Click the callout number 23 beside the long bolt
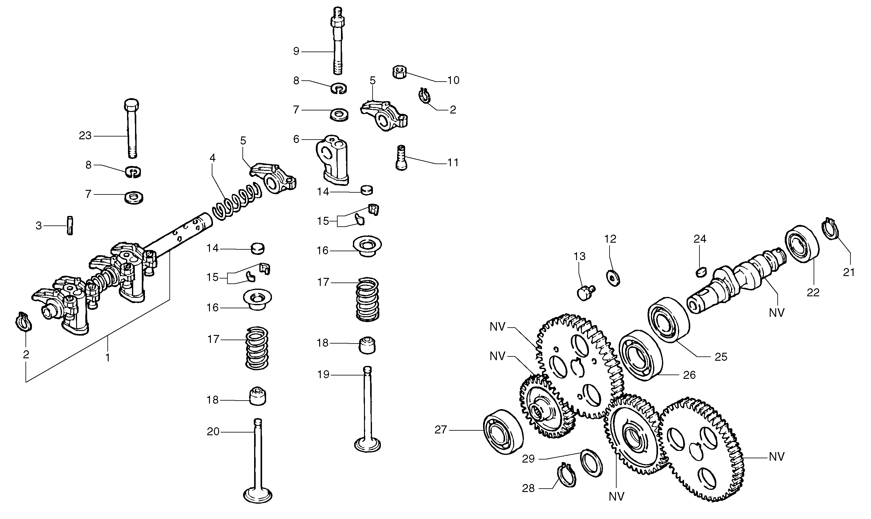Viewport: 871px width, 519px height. (x=85, y=136)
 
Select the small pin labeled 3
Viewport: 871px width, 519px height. (x=70, y=225)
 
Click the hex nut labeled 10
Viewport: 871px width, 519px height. (x=399, y=72)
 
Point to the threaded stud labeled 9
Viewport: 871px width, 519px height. (x=337, y=45)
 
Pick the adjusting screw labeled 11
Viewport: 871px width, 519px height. (x=401, y=158)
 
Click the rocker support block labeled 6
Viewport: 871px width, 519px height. (x=332, y=159)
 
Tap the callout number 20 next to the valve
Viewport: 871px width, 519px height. (x=213, y=432)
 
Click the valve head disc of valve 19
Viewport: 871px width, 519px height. (x=367, y=445)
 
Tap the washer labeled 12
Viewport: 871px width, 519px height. (x=613, y=278)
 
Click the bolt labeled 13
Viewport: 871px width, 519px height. (x=585, y=292)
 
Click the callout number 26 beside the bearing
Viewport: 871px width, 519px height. (x=689, y=375)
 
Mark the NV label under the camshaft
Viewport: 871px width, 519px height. (x=776, y=312)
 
